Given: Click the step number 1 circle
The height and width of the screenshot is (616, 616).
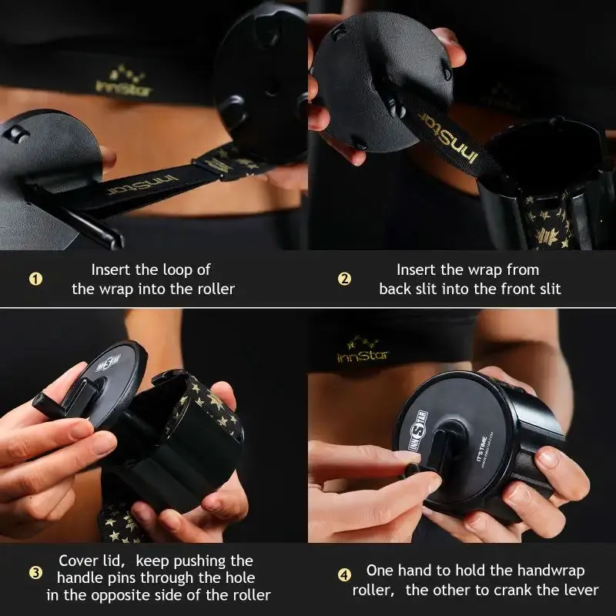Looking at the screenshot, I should [x=35, y=279].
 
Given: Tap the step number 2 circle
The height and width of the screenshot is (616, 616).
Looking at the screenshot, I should [x=344, y=279].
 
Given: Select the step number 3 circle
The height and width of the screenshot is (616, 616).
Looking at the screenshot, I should [x=35, y=573].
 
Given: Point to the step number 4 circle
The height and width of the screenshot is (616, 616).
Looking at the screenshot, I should [x=344, y=574].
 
